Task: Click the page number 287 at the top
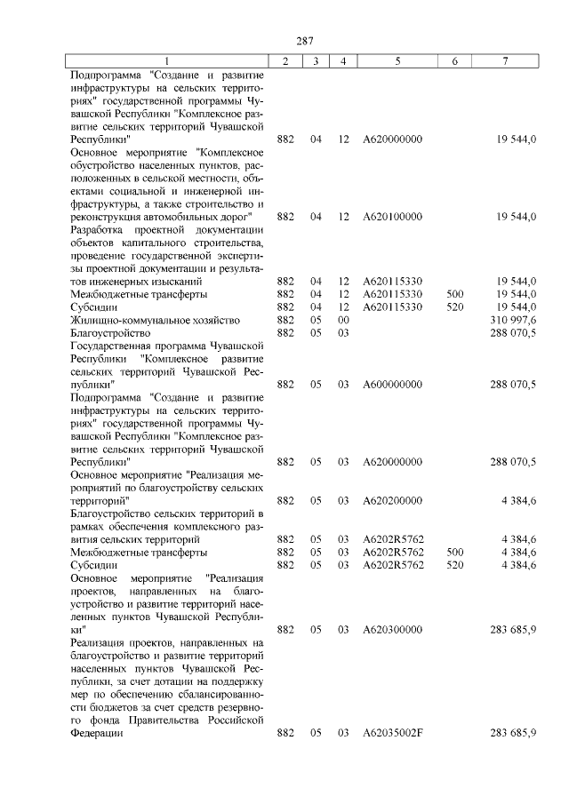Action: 306,40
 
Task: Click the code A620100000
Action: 392,217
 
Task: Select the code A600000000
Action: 392,385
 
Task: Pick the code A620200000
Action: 392,500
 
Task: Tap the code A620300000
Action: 392,629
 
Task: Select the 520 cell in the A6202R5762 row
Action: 454,564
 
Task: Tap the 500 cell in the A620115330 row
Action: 454,294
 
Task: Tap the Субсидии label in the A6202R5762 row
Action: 93,564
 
